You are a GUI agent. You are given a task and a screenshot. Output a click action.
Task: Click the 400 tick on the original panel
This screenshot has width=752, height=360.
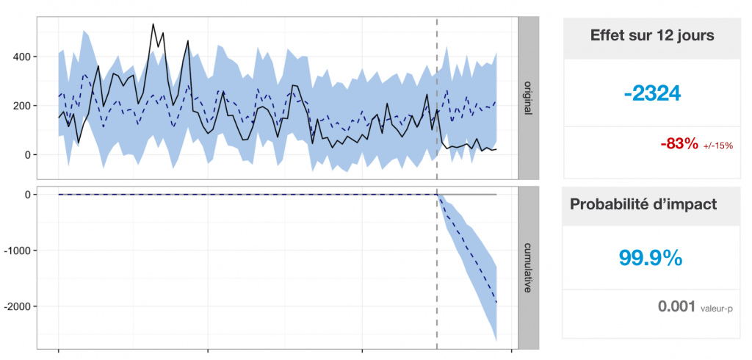pos(21,57)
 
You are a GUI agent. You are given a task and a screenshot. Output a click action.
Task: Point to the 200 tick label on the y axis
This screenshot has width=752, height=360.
pos(21,106)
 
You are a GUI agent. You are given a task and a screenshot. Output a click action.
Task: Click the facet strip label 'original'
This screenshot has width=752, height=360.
pos(528,97)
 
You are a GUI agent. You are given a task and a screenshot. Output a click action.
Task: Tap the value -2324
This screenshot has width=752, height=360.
pos(652,93)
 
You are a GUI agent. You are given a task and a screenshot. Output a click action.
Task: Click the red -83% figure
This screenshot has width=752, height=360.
pos(679,144)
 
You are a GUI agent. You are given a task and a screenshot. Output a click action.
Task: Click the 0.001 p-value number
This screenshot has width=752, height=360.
pos(676,306)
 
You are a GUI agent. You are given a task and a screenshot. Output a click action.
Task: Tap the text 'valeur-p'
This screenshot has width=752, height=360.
pos(717,309)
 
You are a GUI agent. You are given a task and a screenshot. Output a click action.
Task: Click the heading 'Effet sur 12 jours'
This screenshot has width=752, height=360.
pos(652,35)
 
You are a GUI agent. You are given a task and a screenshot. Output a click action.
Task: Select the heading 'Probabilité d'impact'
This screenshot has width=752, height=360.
pos(643,204)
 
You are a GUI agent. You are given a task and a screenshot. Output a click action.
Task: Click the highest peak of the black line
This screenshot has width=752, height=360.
pos(153,24)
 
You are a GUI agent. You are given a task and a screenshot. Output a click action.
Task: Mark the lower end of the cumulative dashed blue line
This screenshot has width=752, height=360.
pos(496,303)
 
